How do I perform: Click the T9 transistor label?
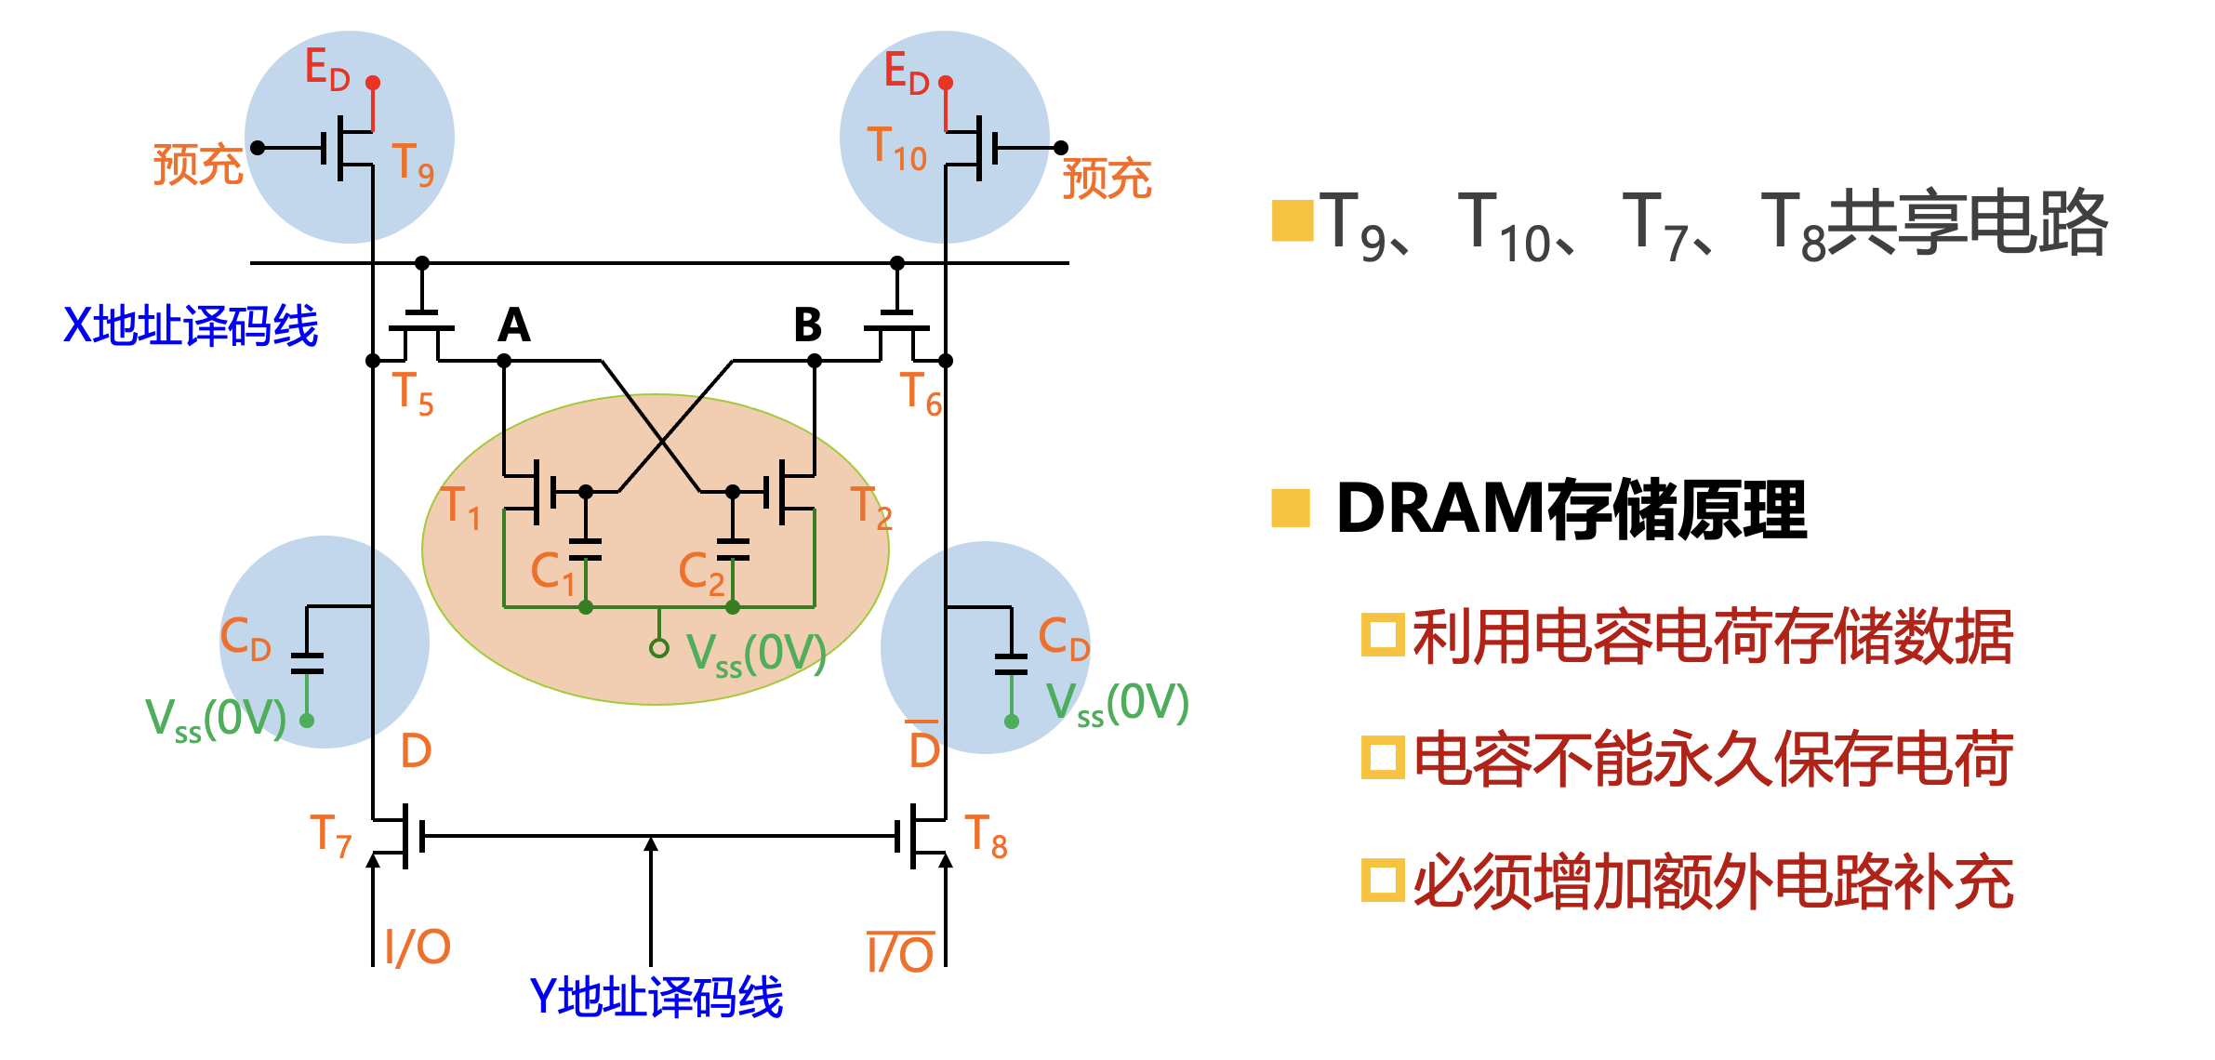click(x=413, y=165)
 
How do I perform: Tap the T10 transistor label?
click(x=896, y=149)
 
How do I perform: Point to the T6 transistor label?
click(x=921, y=393)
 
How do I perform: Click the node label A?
click(x=514, y=325)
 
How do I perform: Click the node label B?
click(x=807, y=325)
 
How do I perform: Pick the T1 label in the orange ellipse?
click(x=461, y=508)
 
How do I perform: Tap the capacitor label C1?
click(x=552, y=572)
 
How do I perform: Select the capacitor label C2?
click(x=701, y=572)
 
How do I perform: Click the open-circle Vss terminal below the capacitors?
click(x=659, y=648)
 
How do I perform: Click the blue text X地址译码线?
click(x=191, y=326)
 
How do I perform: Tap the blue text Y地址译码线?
click(x=656, y=998)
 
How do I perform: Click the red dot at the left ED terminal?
click(x=373, y=83)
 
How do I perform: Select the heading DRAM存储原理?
click(x=1571, y=510)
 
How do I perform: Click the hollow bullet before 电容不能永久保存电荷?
click(x=1382, y=757)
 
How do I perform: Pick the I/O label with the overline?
click(x=900, y=953)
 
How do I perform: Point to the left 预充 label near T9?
click(x=198, y=165)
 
